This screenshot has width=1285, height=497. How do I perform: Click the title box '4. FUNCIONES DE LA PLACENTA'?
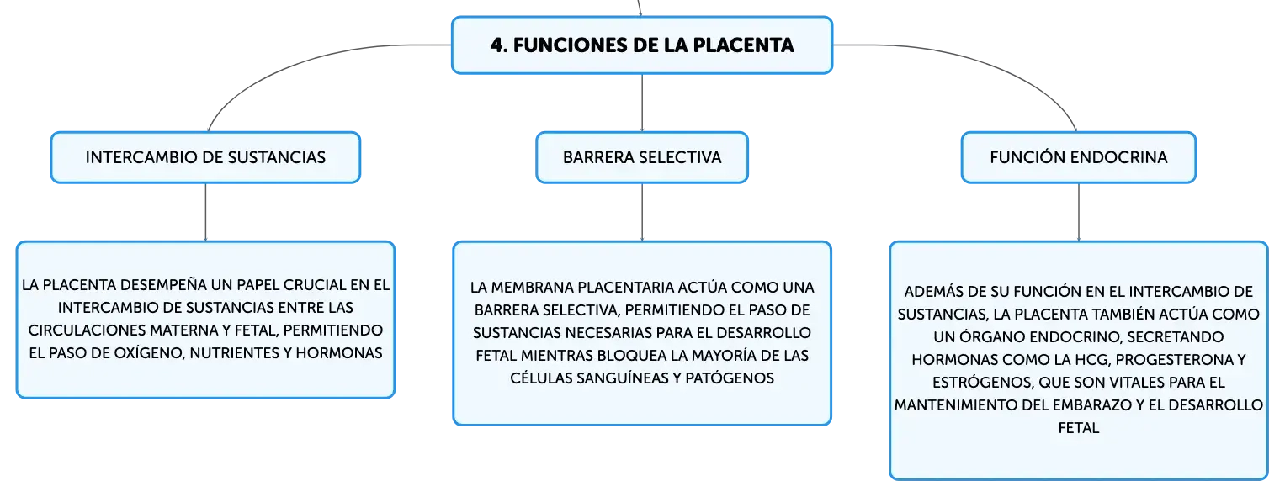pos(642,45)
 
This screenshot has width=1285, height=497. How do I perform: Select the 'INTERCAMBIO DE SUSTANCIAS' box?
pos(205,157)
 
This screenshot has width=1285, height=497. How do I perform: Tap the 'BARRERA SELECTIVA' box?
pos(642,157)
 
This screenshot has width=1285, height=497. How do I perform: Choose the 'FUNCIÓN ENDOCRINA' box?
pos(1079,157)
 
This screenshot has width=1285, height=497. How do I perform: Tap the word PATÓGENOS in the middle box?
pos(730,378)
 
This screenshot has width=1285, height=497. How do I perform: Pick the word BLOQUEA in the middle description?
pos(631,356)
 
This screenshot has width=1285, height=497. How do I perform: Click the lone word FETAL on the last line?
pos(1079,428)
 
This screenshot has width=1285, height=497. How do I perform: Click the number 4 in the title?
pos(496,45)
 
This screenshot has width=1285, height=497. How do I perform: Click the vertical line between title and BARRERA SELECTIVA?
pos(642,103)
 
